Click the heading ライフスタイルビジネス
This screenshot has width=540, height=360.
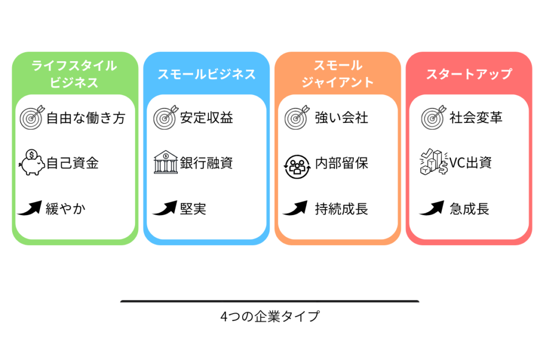point(74,74)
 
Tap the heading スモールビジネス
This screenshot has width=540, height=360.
point(206,74)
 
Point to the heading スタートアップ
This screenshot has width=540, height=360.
point(469,74)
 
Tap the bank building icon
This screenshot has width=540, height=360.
point(166,162)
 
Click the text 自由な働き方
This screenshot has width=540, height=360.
point(85,118)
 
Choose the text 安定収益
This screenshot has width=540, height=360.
point(206,118)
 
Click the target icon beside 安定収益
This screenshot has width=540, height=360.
point(165,118)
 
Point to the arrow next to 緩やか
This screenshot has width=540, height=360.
point(30,209)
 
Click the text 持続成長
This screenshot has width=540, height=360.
point(341,209)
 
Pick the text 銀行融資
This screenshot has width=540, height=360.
point(206,163)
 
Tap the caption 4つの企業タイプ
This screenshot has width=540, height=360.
point(269,317)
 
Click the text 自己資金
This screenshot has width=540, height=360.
point(72,163)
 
